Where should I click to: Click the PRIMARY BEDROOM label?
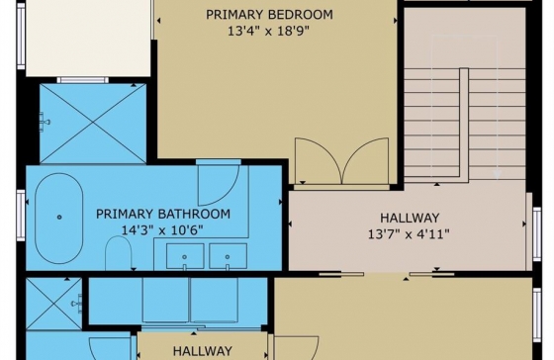[269, 15]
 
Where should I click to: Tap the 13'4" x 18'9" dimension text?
[268, 31]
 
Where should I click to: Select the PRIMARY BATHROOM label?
[163, 214]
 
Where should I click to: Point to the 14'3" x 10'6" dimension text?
[162, 230]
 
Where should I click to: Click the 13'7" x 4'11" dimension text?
[409, 233]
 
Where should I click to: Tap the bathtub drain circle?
[59, 217]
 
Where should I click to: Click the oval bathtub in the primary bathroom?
[59, 219]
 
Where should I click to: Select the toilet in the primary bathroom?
[119, 253]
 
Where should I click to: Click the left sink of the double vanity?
[185, 256]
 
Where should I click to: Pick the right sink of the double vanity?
[228, 256]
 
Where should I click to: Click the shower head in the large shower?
[45, 123]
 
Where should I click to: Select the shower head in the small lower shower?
[77, 304]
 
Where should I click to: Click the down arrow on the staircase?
[497, 174]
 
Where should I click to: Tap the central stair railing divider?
[464, 123]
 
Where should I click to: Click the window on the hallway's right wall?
[536, 234]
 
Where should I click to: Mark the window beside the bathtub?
[21, 216]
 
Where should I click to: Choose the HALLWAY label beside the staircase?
[410, 218]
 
